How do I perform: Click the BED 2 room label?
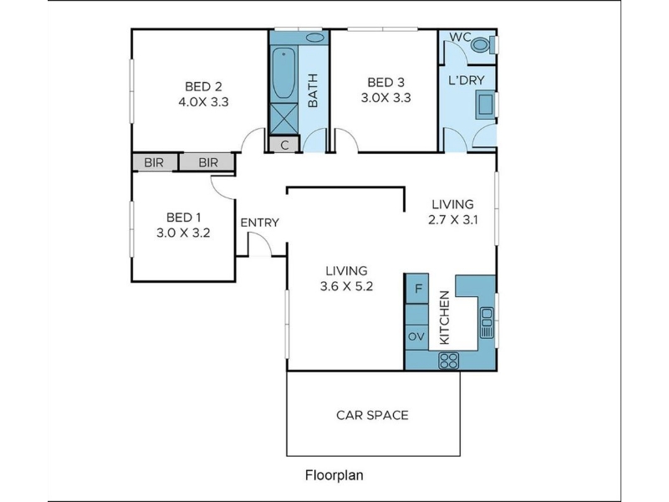[x=203, y=87]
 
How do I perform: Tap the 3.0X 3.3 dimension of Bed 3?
[x=386, y=98]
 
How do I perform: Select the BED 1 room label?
[x=183, y=218]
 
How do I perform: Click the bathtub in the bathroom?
[x=283, y=73]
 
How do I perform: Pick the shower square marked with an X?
[x=283, y=118]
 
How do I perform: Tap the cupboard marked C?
[x=284, y=144]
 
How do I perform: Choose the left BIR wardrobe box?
[x=154, y=162]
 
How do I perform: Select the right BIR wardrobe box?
[x=207, y=162]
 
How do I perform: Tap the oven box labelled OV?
[x=416, y=337]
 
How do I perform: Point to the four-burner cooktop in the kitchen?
[x=449, y=361]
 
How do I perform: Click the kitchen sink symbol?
[x=487, y=322]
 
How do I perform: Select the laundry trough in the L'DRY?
[x=486, y=105]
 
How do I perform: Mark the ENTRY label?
[x=259, y=223]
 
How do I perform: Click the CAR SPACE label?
[x=372, y=415]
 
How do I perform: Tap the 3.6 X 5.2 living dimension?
[x=346, y=286]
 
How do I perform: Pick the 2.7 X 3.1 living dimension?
[x=452, y=220]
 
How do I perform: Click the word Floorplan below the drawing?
[x=334, y=475]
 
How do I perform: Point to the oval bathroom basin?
[x=315, y=37]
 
